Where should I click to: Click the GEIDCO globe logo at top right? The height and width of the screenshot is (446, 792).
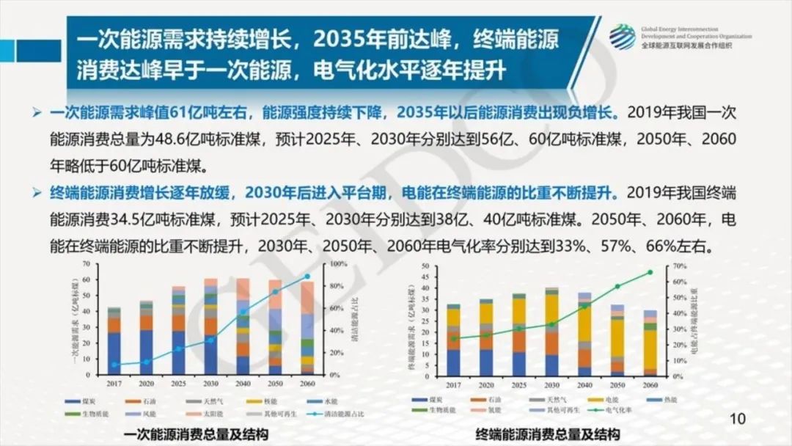[x=622, y=37]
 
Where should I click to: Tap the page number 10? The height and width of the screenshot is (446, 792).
[x=738, y=419]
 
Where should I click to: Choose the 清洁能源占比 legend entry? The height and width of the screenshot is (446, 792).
[x=338, y=414]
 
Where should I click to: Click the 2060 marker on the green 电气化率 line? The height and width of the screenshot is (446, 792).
[x=650, y=272]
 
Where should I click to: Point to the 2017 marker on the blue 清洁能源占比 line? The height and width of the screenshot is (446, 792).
[x=114, y=365]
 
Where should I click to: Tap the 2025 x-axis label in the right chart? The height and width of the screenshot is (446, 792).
[x=519, y=384]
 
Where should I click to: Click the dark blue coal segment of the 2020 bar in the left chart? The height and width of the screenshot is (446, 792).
[x=147, y=352]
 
